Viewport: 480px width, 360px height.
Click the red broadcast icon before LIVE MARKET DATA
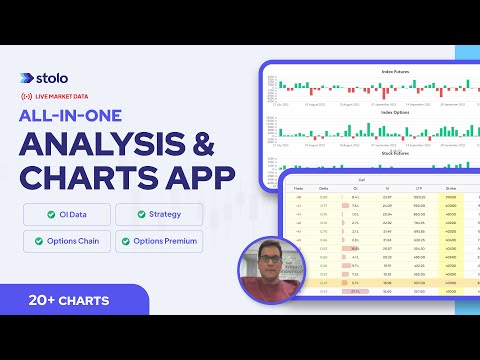click(x=27, y=97)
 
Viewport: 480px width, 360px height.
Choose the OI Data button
click(x=65, y=214)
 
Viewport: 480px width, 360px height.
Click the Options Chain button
click(x=65, y=240)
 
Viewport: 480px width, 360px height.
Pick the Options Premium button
click(x=161, y=240)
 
